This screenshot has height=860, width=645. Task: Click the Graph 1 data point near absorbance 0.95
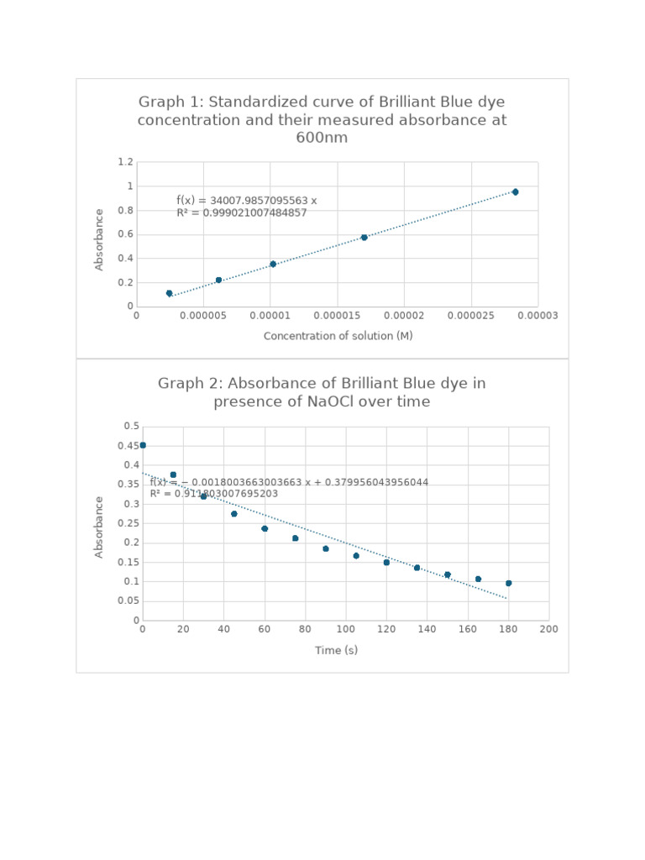click(515, 192)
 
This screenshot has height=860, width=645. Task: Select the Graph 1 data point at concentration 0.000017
click(364, 238)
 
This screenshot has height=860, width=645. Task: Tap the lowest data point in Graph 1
click(169, 293)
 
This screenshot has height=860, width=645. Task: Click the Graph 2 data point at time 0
click(143, 445)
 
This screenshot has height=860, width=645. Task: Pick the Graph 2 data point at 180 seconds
click(508, 583)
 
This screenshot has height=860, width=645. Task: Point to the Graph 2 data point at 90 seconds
click(326, 548)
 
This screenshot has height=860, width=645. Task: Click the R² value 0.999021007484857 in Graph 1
click(242, 213)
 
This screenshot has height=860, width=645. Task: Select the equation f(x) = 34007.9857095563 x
click(246, 200)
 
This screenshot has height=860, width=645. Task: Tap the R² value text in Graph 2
click(213, 494)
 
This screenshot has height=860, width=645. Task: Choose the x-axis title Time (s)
click(336, 650)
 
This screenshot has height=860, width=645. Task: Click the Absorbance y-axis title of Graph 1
click(99, 239)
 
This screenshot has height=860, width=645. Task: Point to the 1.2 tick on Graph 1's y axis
click(125, 161)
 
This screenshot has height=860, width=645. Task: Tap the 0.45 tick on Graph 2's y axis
click(128, 446)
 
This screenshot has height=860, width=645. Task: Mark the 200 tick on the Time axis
click(548, 629)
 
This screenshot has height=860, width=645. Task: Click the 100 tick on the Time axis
click(345, 629)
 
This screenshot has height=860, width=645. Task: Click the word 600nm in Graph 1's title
click(322, 138)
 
